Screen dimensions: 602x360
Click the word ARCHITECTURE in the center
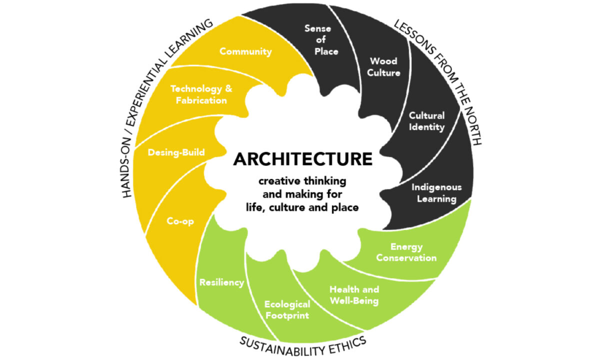click(303, 159)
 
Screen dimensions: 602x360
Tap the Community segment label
click(245, 51)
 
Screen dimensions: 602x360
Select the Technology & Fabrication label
click(201, 94)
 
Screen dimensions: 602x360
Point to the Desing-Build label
click(176, 152)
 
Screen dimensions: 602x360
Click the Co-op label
click(180, 221)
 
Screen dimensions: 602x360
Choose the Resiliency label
click(221, 282)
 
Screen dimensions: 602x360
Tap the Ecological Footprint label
click(287, 310)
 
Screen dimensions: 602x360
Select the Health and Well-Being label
click(354, 295)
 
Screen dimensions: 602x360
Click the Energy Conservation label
click(406, 252)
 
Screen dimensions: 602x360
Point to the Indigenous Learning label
click(436, 193)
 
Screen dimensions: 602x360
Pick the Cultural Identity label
click(427, 121)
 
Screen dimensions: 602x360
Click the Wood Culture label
click(384, 67)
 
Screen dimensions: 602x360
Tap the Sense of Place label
click(320, 40)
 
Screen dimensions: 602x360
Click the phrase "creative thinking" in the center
click(302, 181)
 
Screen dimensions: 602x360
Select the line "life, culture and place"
click(302, 207)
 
